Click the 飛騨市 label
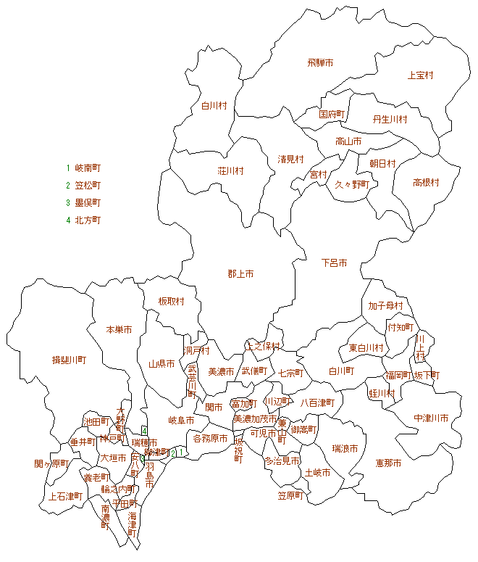tap(320, 63)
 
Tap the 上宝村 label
tap(420, 75)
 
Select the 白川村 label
tap(214, 106)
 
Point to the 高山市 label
tap(348, 141)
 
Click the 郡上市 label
tap(240, 274)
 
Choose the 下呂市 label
tap(334, 263)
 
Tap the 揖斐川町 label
tap(69, 360)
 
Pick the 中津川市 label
tap(431, 418)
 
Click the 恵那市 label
tap(388, 463)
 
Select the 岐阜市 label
tap(181, 420)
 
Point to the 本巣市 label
tap(119, 329)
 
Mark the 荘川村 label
tap(230, 171)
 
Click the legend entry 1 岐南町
tap(83, 168)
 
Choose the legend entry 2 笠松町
tap(83, 185)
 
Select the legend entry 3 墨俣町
tap(83, 202)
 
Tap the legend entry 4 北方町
tap(83, 220)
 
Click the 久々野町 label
tap(352, 184)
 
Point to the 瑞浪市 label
tap(345, 449)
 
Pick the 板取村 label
tap(172, 302)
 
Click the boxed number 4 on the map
tap(145, 431)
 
